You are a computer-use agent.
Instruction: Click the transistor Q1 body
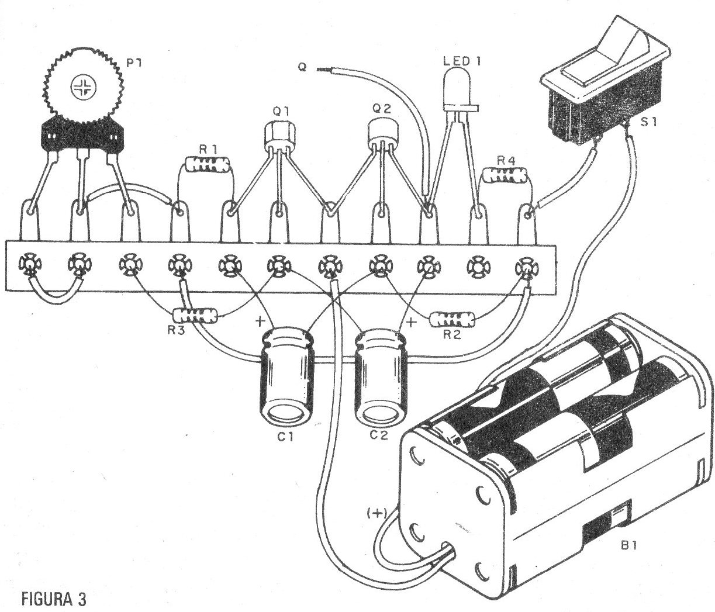pos(277,135)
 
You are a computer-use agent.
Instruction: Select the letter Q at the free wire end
pos(302,68)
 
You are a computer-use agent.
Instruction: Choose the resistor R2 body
pos(453,320)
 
